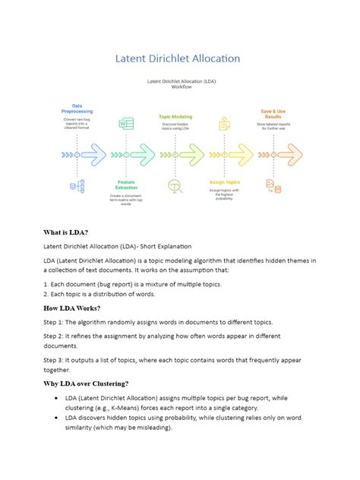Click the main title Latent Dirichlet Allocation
coord(177,58)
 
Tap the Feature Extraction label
coord(126,185)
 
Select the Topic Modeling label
coord(175,117)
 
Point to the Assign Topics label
coord(224,182)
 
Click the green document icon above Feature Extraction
coord(125,124)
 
